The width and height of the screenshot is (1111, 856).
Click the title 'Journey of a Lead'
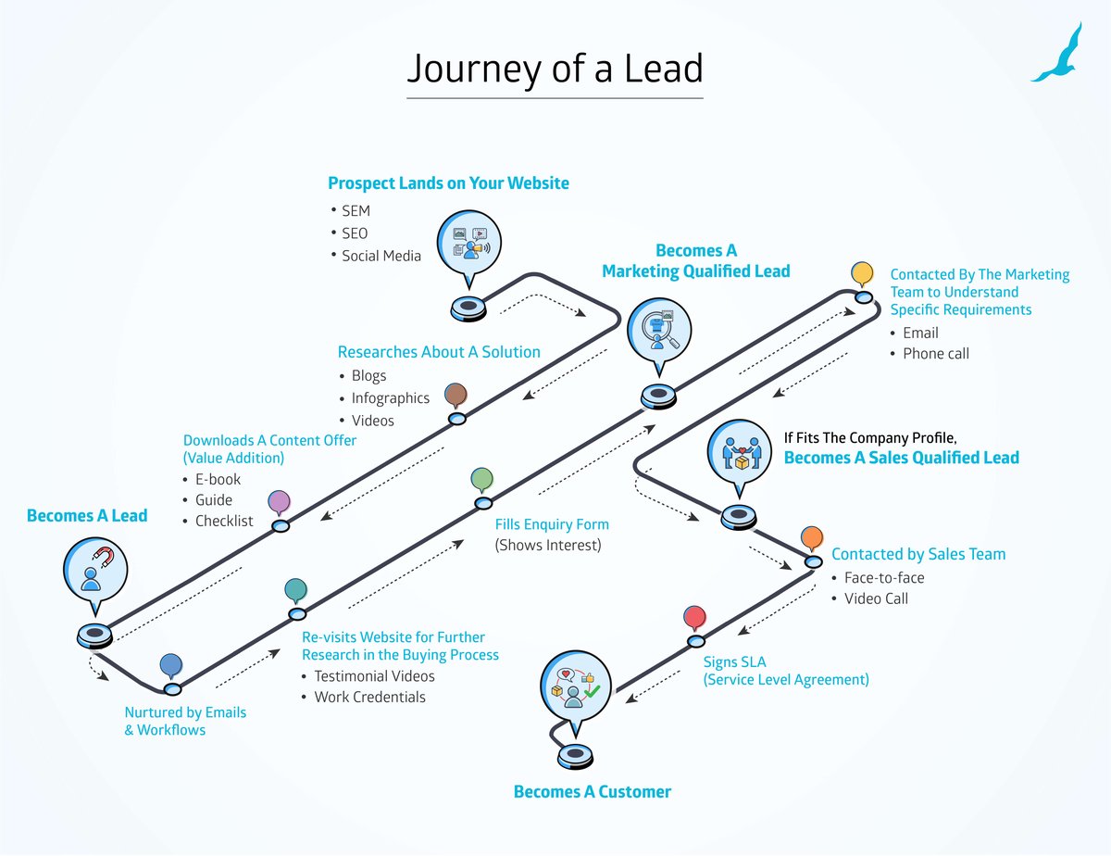(x=555, y=69)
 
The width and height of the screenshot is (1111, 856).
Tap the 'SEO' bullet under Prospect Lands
(x=355, y=233)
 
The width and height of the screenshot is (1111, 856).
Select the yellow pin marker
(x=862, y=274)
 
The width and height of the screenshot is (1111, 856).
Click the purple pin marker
(x=279, y=503)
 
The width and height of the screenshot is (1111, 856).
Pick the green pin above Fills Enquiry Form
(x=481, y=480)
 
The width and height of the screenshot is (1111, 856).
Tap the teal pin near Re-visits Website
(x=295, y=590)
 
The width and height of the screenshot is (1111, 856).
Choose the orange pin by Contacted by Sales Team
(x=812, y=538)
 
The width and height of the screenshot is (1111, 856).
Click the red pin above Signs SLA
(x=695, y=618)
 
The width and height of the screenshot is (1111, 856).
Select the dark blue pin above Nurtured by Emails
(x=171, y=665)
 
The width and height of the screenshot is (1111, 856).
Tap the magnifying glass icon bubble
(x=659, y=331)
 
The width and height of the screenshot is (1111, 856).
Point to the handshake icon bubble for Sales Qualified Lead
(x=740, y=450)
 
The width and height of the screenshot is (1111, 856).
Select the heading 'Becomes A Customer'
(x=592, y=792)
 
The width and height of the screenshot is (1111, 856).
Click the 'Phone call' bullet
(x=936, y=354)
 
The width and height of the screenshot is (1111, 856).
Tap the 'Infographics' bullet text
(x=390, y=398)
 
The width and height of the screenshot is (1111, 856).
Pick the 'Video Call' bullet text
(x=876, y=598)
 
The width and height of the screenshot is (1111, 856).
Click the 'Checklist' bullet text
(x=223, y=522)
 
